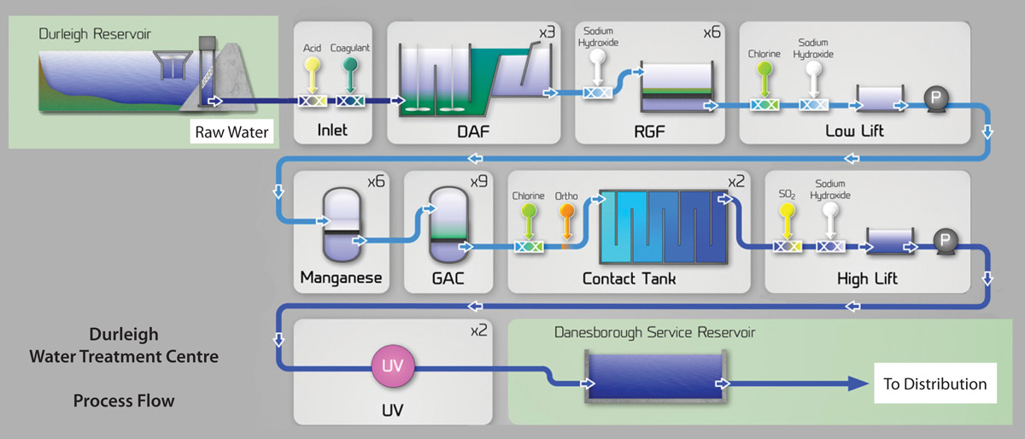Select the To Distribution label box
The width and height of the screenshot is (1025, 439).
click(x=934, y=384)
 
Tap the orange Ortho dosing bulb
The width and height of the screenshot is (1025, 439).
click(x=565, y=208)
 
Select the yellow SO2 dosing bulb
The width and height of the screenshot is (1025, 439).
click(x=787, y=208)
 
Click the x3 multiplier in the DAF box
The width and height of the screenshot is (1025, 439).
click(x=548, y=33)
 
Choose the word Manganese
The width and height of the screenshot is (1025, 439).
click(x=339, y=278)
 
